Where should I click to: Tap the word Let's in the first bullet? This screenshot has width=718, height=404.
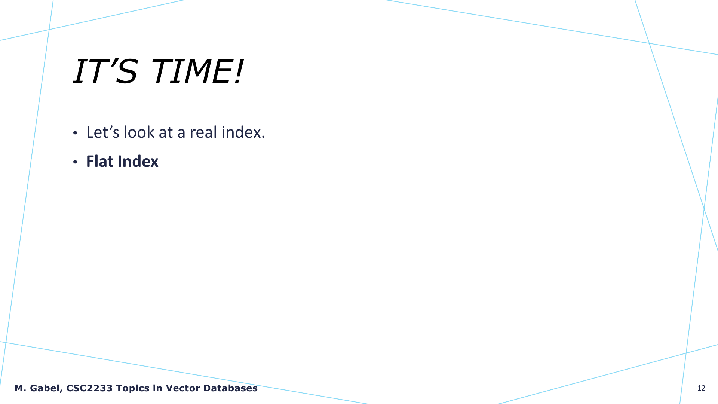tap(103, 132)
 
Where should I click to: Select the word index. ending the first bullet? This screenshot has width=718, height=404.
tap(243, 132)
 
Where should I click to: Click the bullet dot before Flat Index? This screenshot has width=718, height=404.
tap(75, 162)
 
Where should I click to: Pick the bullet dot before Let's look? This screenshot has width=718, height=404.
tap(75, 133)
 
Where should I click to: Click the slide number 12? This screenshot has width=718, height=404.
tap(701, 388)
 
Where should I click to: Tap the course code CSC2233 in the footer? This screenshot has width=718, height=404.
tap(89, 388)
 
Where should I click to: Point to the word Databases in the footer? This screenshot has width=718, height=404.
tap(230, 388)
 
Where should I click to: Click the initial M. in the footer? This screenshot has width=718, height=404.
tap(21, 388)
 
